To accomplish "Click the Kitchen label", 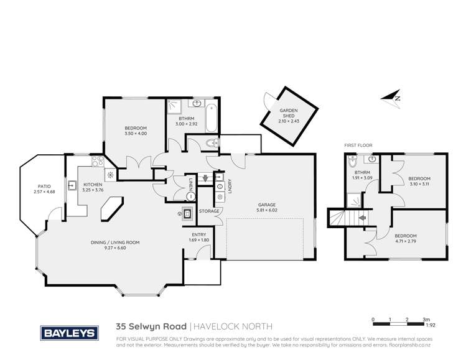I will (x=93, y=185).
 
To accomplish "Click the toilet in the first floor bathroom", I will (x=353, y=166).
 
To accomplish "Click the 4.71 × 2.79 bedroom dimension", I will (x=405, y=239).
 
